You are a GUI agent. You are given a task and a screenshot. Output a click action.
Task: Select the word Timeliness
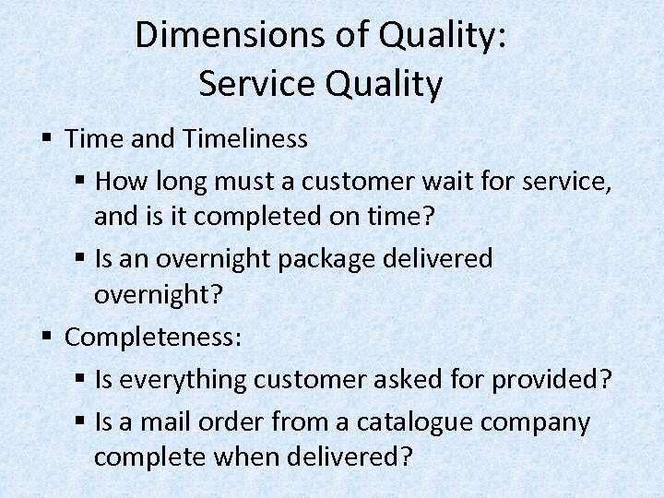245,138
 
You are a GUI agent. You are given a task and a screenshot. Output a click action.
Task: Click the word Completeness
153,338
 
